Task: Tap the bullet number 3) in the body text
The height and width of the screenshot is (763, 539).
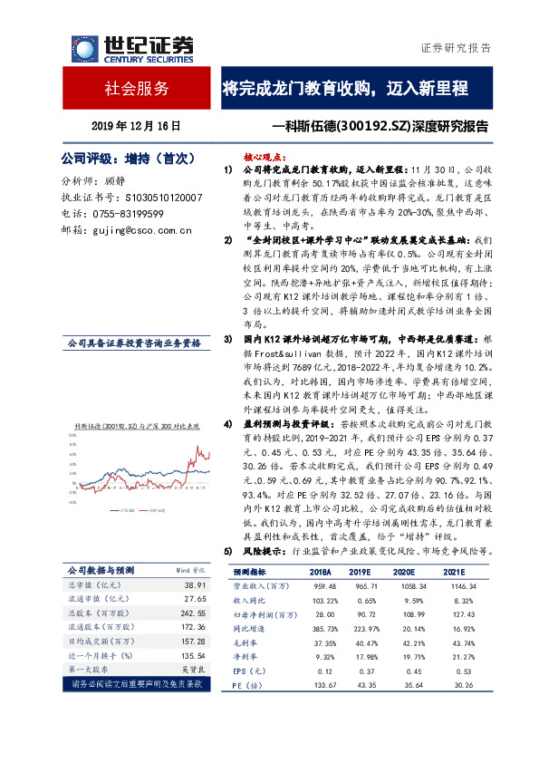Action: pyautogui.click(x=228, y=338)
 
